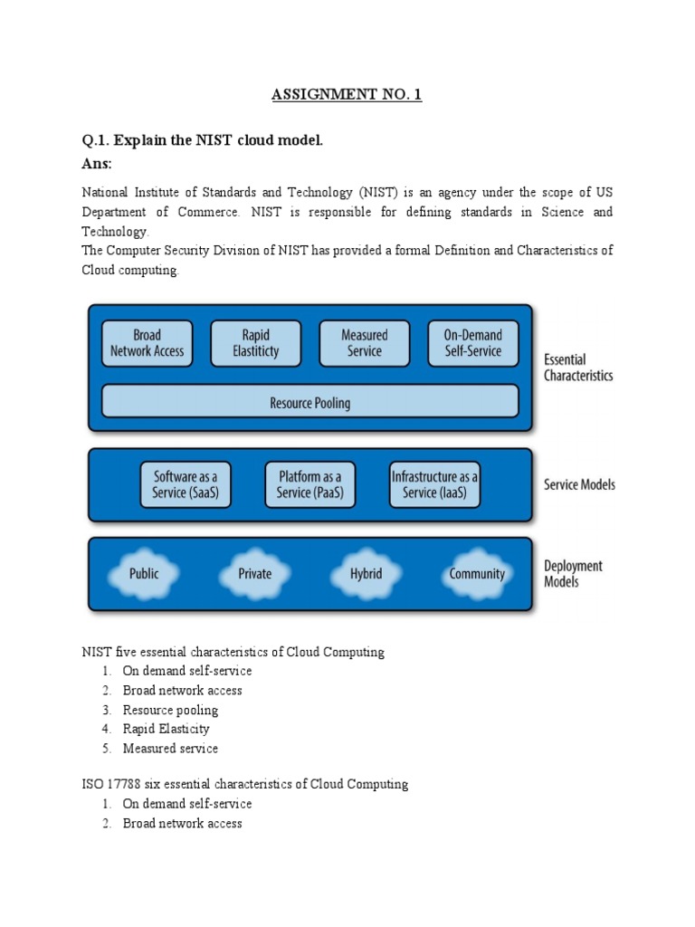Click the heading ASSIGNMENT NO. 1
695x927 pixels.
point(347,95)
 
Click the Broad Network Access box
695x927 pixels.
point(147,343)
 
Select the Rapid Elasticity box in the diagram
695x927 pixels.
point(256,343)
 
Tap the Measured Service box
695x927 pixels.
point(364,343)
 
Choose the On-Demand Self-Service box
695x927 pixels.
point(472,343)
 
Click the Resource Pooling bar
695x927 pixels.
point(309,403)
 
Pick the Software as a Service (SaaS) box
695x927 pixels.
point(186,485)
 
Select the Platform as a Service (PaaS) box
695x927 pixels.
point(309,485)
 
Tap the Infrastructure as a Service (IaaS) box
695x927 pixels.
point(434,485)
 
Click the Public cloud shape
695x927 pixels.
point(144,573)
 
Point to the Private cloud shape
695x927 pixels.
point(254,573)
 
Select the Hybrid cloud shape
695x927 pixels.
point(366,573)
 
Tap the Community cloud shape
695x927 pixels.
point(477,573)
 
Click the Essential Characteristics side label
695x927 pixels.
point(577,367)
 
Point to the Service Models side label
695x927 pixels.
point(579,484)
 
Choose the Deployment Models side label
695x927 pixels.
point(573,574)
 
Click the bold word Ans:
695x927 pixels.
point(97,164)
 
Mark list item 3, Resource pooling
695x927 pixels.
point(170,710)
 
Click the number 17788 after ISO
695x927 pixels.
point(121,784)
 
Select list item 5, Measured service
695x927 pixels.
point(170,749)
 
